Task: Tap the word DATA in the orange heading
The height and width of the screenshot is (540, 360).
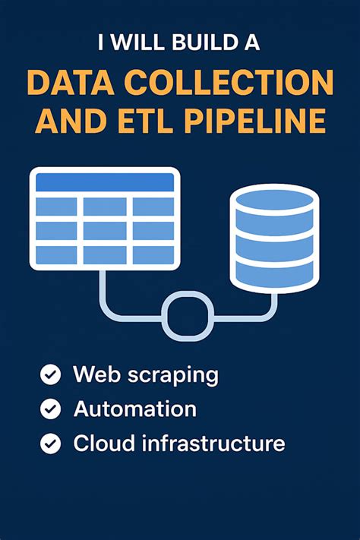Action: click(71, 83)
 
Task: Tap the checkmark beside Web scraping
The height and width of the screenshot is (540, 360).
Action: click(51, 374)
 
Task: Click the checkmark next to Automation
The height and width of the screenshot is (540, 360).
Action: click(51, 409)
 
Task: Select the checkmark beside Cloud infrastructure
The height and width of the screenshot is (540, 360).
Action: click(51, 444)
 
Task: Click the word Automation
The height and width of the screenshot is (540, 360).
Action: click(135, 409)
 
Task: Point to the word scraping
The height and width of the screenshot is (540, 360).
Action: click(173, 375)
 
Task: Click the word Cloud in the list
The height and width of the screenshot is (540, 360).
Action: click(104, 443)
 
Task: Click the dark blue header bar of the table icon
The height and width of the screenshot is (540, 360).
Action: click(105, 182)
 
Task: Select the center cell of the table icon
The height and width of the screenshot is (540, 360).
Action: click(105, 231)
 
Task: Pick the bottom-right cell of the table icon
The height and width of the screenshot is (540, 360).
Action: click(153, 255)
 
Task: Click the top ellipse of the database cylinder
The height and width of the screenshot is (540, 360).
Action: click(275, 200)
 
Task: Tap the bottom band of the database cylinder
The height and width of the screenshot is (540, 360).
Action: click(275, 274)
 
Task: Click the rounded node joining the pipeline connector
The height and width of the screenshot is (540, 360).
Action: click(188, 316)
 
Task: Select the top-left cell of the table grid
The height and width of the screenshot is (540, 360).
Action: click(56, 207)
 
